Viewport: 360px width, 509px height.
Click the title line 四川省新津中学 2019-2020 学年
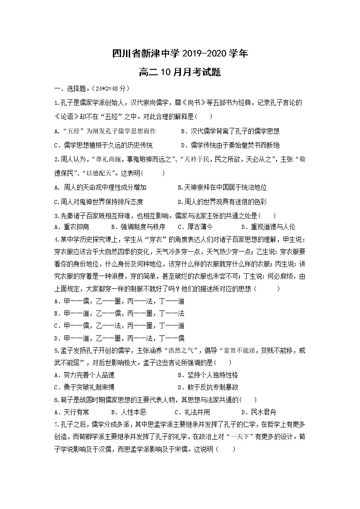pos(180,53)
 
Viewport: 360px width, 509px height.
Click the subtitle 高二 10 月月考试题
pos(180,72)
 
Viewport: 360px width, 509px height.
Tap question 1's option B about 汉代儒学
pos(230,131)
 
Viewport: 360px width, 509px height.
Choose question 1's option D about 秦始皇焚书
pos(230,145)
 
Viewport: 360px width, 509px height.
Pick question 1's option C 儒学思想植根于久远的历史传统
pos(103,145)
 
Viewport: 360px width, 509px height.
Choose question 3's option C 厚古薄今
pos(195,227)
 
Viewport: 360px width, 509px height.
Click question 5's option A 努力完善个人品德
pos(84,375)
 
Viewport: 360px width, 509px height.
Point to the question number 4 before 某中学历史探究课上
pos(55,239)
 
